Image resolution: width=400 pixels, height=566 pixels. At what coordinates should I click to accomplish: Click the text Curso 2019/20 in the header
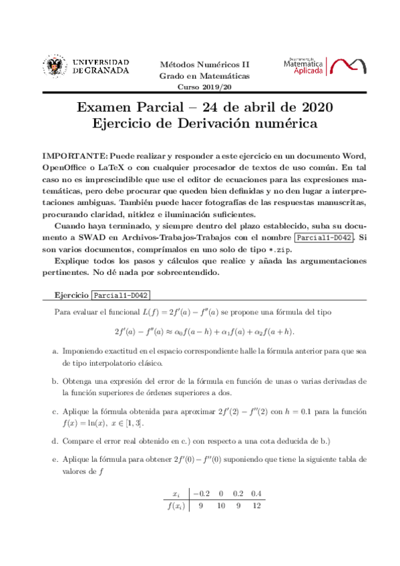[x=204, y=87]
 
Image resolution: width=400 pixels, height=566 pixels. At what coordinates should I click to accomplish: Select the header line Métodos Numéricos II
[x=204, y=65]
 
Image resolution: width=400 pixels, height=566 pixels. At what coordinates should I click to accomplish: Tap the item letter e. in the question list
[x=55, y=461]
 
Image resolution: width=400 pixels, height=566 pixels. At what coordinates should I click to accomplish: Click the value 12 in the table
[x=257, y=506]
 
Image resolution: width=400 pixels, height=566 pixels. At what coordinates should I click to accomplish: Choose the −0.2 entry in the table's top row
[x=201, y=493]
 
